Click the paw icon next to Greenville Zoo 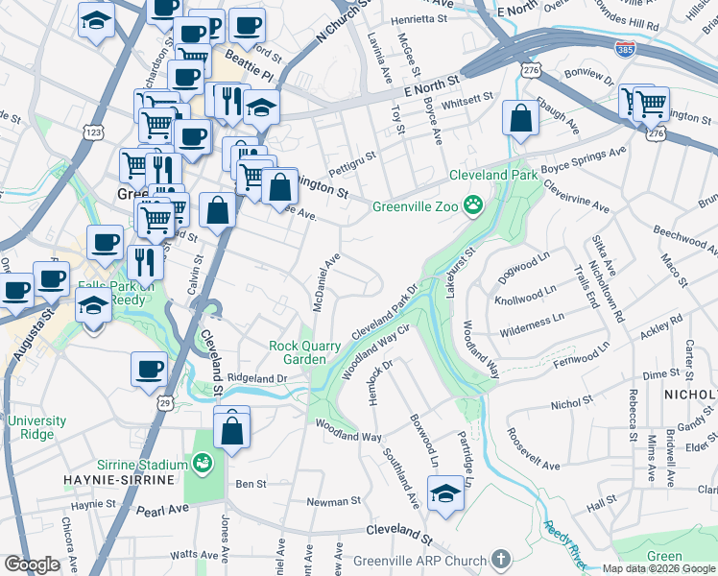point(472,204)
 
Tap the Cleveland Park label point(496,176)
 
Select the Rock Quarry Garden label point(304,352)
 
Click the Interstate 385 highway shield point(625,48)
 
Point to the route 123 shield point(93,130)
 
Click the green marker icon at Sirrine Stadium point(202,465)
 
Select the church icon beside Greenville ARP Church point(499,558)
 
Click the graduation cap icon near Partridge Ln point(444,493)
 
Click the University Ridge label point(37,427)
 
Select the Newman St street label point(332,501)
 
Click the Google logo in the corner point(32,564)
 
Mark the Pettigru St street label point(352,154)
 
